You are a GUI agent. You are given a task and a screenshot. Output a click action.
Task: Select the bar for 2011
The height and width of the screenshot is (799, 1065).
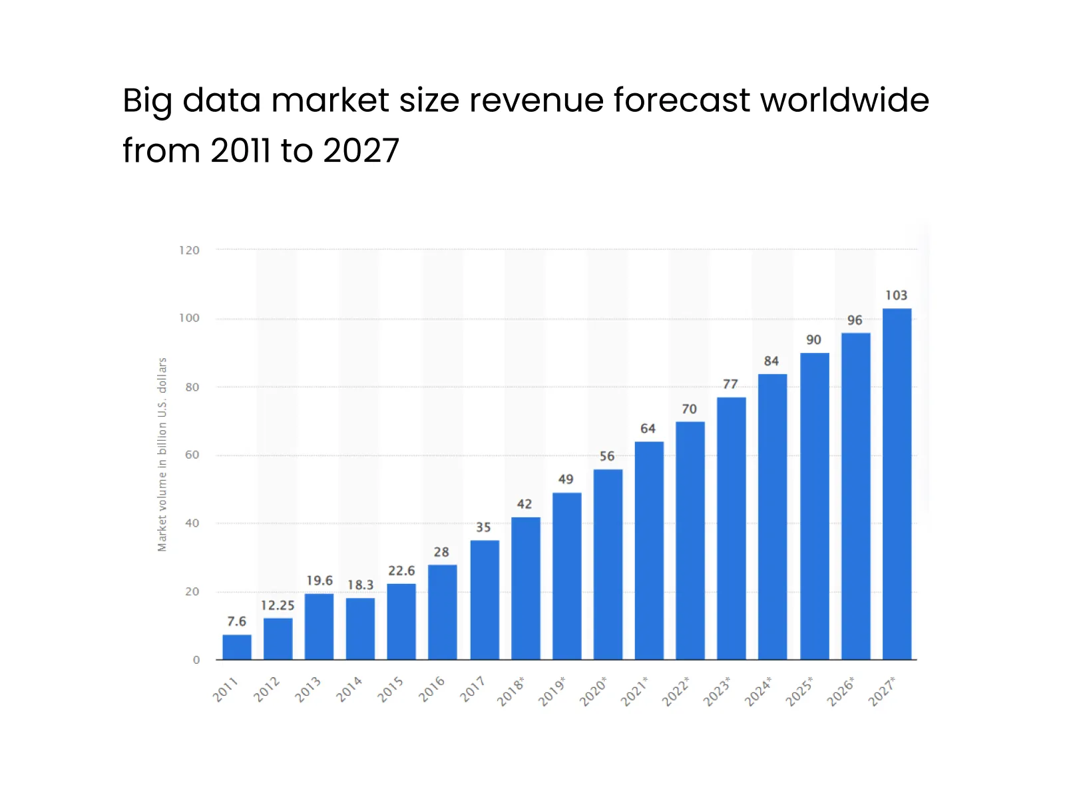tap(237, 647)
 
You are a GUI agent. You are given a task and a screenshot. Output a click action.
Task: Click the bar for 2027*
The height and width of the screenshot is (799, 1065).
tap(897, 484)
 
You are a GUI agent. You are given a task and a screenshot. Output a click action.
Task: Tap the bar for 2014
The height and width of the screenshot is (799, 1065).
tap(360, 629)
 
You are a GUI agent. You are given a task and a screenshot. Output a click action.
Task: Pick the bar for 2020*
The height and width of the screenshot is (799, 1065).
tap(608, 565)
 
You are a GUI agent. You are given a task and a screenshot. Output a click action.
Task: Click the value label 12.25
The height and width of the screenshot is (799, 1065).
tap(278, 605)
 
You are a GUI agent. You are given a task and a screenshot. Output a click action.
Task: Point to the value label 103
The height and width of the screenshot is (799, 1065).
tap(896, 295)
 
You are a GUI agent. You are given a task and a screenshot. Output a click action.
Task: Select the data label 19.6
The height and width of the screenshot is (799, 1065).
tap(319, 581)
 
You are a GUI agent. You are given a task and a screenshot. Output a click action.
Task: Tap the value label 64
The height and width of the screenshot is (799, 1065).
tap(648, 429)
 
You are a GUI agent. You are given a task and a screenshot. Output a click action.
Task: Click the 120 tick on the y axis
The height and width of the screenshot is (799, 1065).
tap(189, 250)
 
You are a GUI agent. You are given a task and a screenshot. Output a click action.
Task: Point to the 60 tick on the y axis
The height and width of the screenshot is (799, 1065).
tap(192, 455)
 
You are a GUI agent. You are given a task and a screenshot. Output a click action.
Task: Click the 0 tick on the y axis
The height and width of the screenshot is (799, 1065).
tap(196, 660)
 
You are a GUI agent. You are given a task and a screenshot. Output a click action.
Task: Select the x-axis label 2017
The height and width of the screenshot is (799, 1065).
tap(473, 689)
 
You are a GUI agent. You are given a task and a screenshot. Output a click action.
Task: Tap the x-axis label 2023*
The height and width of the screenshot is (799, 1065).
tap(718, 691)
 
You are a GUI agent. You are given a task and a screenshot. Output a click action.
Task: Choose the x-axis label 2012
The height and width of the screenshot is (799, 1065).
tap(267, 689)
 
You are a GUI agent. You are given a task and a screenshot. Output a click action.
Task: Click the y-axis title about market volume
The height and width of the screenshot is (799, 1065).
tap(162, 455)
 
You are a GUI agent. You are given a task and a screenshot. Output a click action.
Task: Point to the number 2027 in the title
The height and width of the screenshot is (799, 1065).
tap(361, 150)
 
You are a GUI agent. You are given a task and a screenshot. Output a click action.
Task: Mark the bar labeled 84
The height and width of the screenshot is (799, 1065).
tap(772, 517)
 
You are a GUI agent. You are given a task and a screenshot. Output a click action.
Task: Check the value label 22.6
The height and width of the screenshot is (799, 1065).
tap(401, 571)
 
